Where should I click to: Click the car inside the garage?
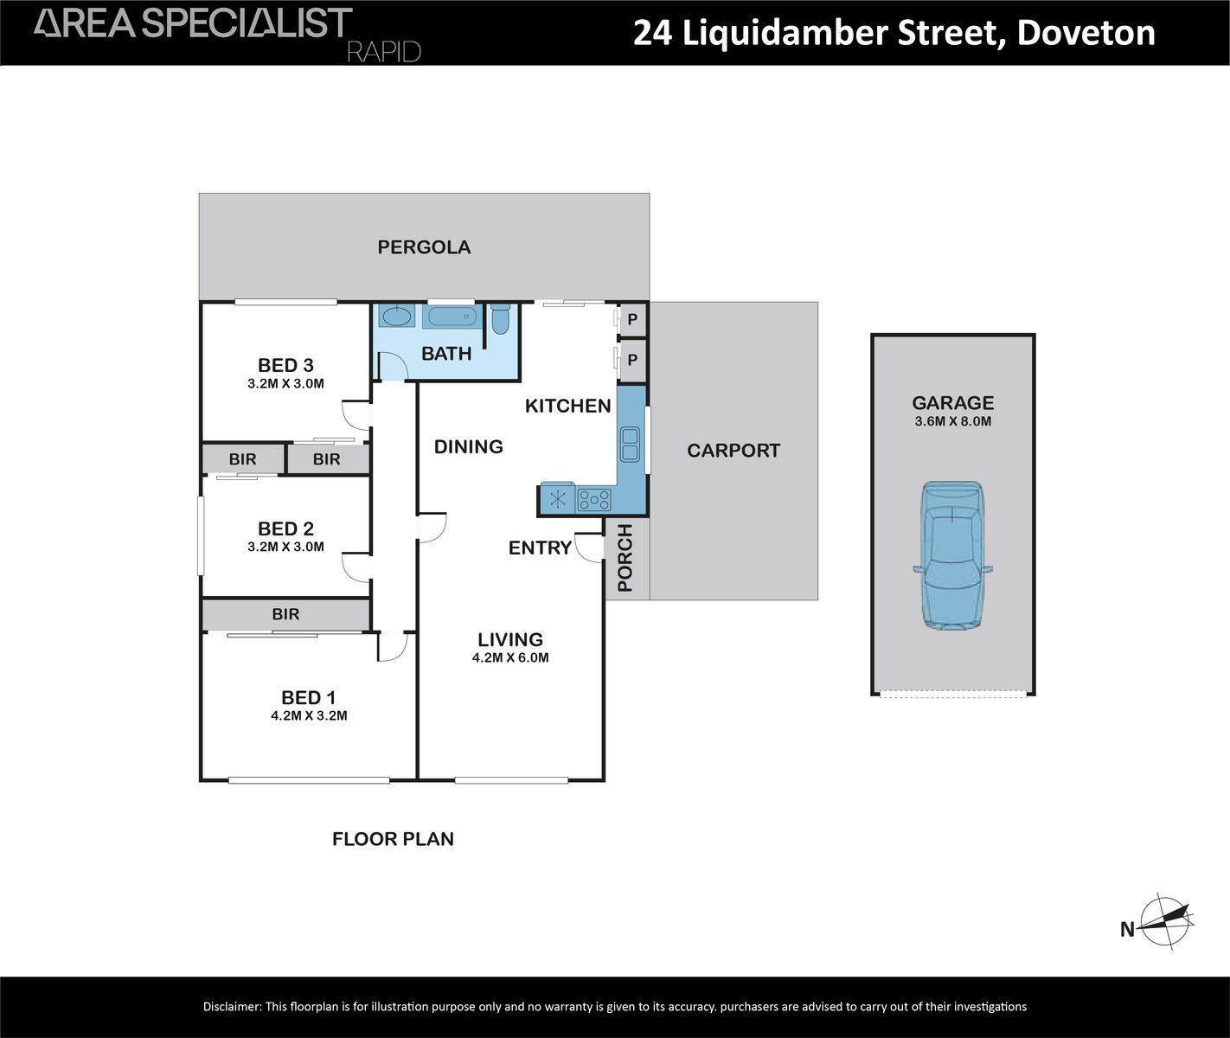(952, 555)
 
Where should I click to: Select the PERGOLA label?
(424, 247)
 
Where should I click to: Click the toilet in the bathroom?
(500, 319)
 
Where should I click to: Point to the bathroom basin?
(397, 317)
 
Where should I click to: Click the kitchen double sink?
(629, 444)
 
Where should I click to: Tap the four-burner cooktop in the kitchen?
(594, 499)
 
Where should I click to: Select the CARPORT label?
(734, 451)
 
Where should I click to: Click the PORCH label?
(625, 558)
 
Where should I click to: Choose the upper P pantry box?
(632, 319)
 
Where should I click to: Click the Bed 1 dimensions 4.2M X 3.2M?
(309, 715)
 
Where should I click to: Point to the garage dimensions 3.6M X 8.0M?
(952, 422)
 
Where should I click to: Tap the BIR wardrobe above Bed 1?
(285, 614)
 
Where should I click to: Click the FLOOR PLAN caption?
(393, 839)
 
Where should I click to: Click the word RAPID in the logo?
(383, 52)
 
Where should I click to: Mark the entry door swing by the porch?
(590, 548)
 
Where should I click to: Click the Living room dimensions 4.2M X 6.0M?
(510, 657)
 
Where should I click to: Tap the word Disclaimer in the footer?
(231, 1007)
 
